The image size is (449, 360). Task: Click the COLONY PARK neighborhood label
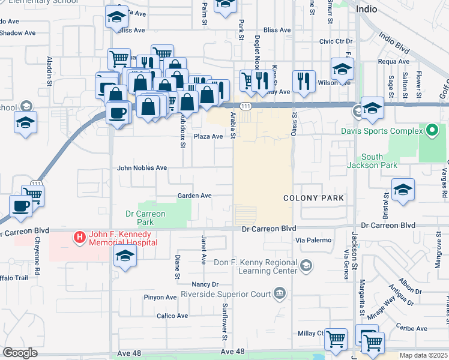[x=314, y=198]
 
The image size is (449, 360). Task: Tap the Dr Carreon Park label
[x=145, y=218]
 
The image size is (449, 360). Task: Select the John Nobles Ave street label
[x=142, y=168]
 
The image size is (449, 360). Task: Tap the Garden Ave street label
[x=194, y=196]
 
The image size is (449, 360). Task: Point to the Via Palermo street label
[x=313, y=240]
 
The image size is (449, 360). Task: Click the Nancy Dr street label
[x=205, y=284]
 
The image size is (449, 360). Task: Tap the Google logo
[x=20, y=353]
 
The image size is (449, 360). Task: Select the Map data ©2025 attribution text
[x=423, y=355]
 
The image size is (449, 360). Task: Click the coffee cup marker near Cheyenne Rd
[x=21, y=206]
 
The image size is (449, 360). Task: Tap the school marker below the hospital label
[x=125, y=256]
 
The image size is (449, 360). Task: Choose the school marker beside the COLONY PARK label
[x=403, y=190]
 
